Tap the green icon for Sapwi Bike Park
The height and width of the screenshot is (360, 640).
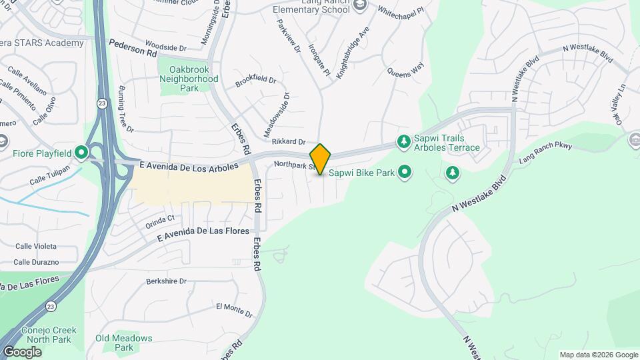pyautogui.click(x=404, y=173)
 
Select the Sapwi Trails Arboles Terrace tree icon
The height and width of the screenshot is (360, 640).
pyautogui.click(x=403, y=141)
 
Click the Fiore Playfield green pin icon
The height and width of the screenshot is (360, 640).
pyautogui.click(x=82, y=153)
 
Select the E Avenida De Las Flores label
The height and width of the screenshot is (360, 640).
pyautogui.click(x=203, y=235)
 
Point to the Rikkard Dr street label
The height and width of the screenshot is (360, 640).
pyautogui.click(x=288, y=142)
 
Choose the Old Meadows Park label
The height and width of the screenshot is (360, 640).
pyautogui.click(x=123, y=343)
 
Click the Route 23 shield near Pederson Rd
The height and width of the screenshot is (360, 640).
pyautogui.click(x=101, y=103)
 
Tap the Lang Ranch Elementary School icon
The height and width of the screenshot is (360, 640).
pyautogui.click(x=361, y=6)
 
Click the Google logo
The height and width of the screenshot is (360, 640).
pyautogui.click(x=22, y=351)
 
